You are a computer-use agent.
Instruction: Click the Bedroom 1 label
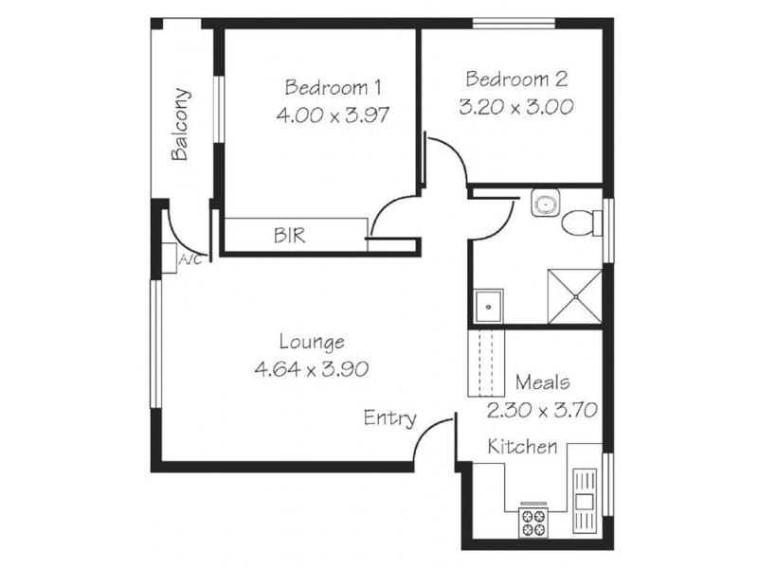pos(333,88)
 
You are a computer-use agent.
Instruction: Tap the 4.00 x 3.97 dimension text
pos(333,114)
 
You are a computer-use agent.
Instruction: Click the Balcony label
pos(180,125)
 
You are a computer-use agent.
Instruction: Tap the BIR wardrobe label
pos(290,235)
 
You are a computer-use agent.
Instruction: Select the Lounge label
pos(312,342)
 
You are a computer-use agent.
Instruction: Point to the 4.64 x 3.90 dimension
pos(312,369)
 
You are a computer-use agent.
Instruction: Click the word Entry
pos(390,417)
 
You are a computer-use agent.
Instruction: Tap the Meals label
pos(542,382)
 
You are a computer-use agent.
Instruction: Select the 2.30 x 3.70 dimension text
pos(542,410)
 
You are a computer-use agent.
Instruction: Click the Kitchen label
pos(522,446)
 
